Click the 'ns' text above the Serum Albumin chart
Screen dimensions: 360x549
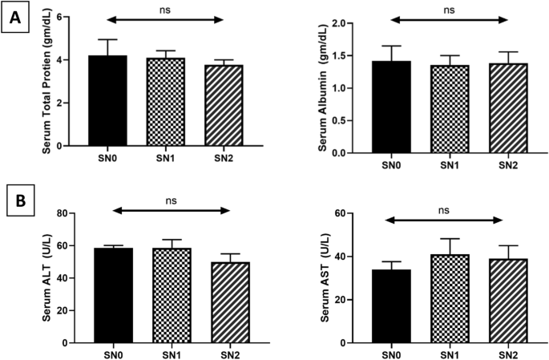coord(448,10)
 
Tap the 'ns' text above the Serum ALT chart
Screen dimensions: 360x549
coord(170,199)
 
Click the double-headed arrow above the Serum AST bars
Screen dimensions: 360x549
coord(446,219)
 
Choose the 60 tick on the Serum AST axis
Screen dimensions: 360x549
coord(349,213)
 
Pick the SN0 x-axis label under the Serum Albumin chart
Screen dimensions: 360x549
coord(390,164)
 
